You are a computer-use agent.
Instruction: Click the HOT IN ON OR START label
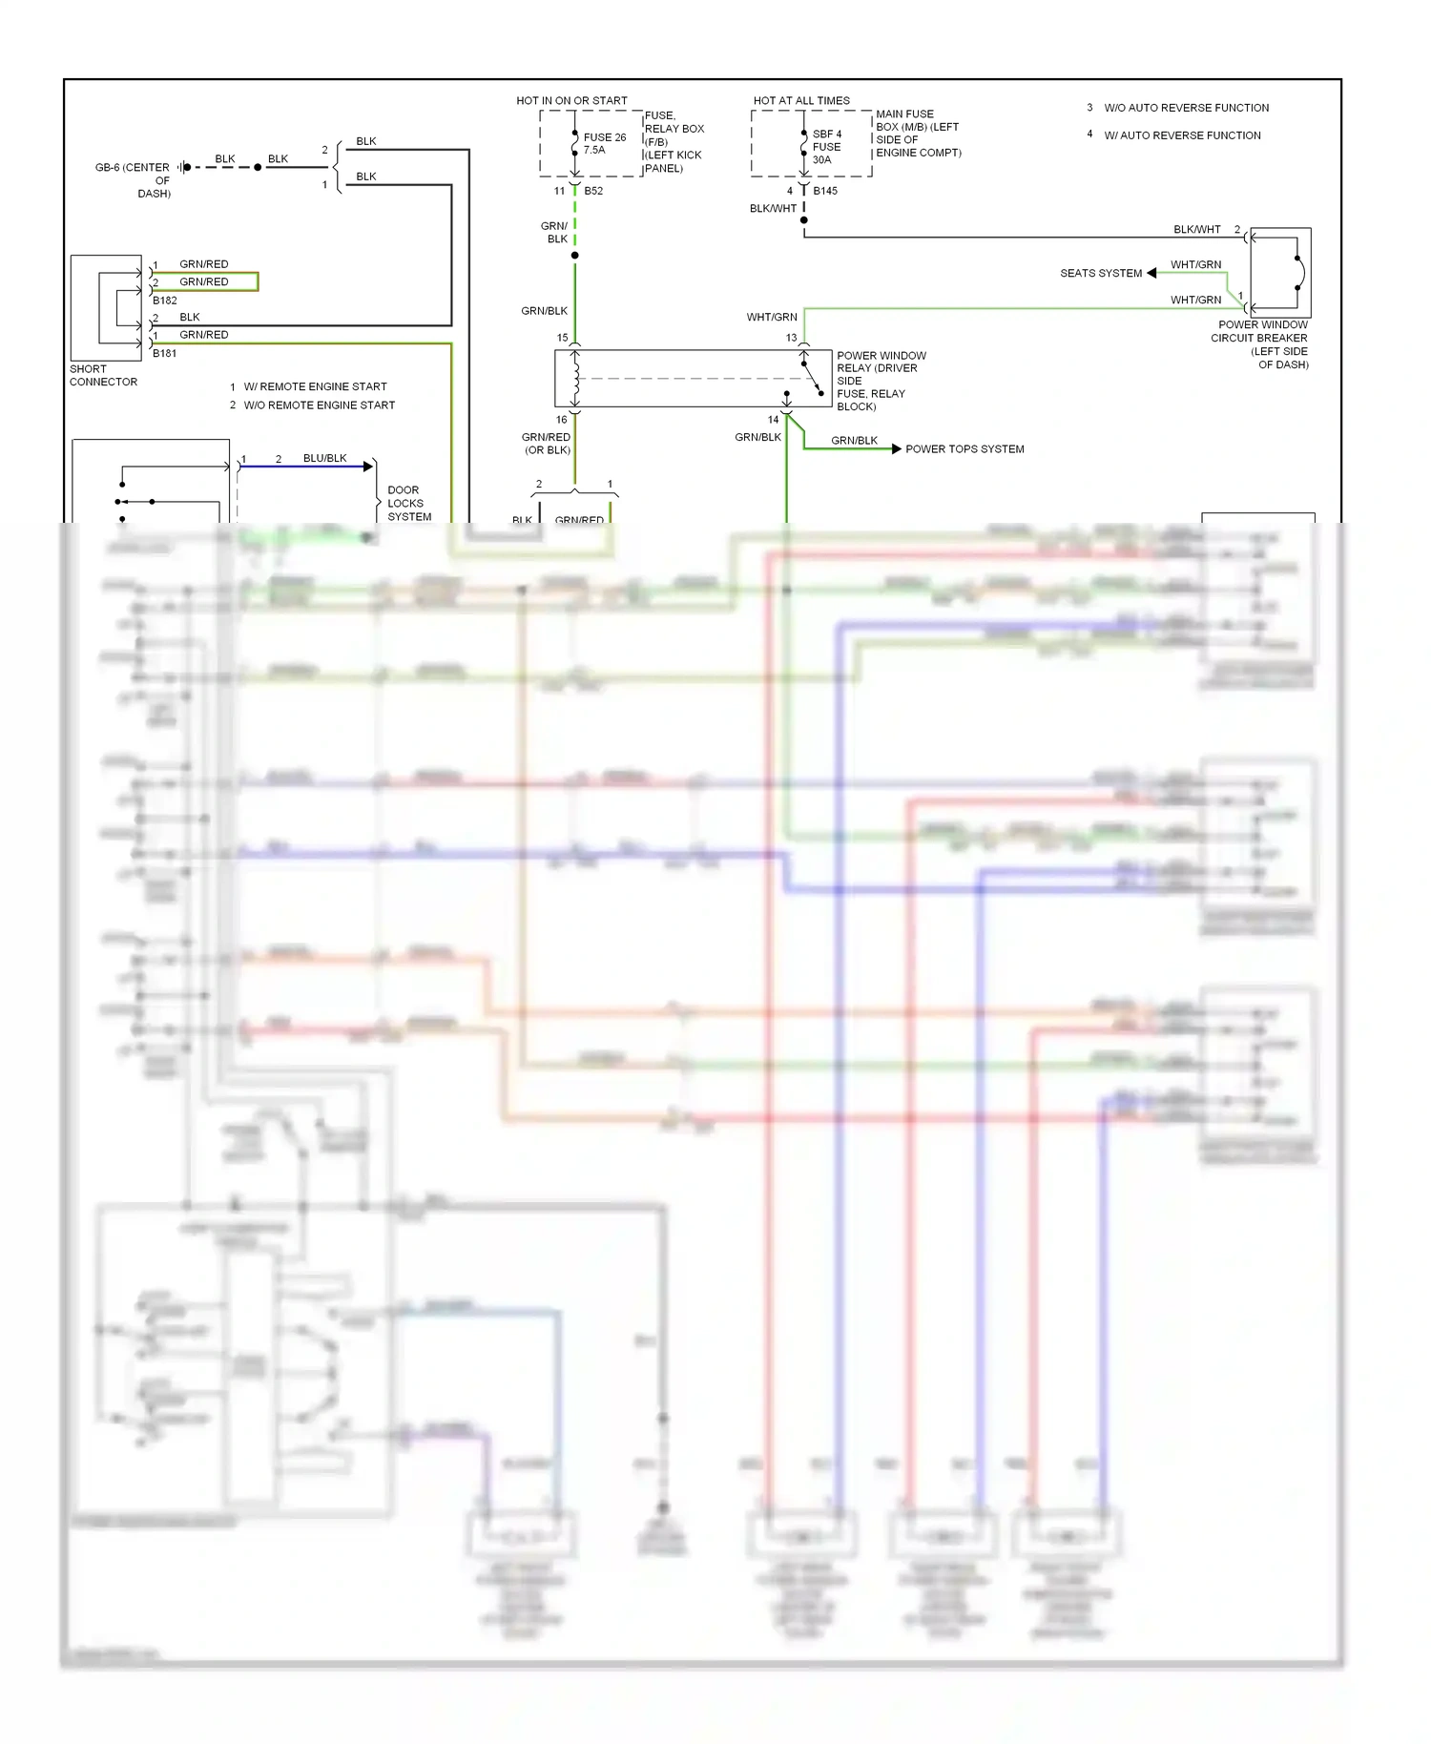571,100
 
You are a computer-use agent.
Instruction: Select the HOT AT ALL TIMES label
801,100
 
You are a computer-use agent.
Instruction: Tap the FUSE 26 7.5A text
604,143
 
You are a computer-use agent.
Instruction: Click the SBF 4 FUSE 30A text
826,147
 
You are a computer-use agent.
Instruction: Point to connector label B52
593,191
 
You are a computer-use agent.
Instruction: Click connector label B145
825,191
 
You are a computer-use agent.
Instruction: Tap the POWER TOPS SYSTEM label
964,449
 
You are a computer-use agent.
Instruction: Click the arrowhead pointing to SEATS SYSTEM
1151,273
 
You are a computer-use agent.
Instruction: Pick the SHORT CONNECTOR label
103,375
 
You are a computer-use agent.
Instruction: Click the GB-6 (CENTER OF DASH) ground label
133,179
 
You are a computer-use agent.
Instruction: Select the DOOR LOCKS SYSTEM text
408,503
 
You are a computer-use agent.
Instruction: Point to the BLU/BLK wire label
324,458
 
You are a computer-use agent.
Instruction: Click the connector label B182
164,301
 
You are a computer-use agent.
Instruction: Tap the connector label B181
164,353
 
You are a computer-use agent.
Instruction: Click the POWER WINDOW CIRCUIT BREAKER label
1261,344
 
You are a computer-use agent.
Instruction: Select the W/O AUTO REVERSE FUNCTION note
1186,108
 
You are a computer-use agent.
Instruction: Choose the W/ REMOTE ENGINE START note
315,386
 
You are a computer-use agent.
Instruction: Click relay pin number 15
562,338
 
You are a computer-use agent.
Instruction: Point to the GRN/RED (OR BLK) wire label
546,444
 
